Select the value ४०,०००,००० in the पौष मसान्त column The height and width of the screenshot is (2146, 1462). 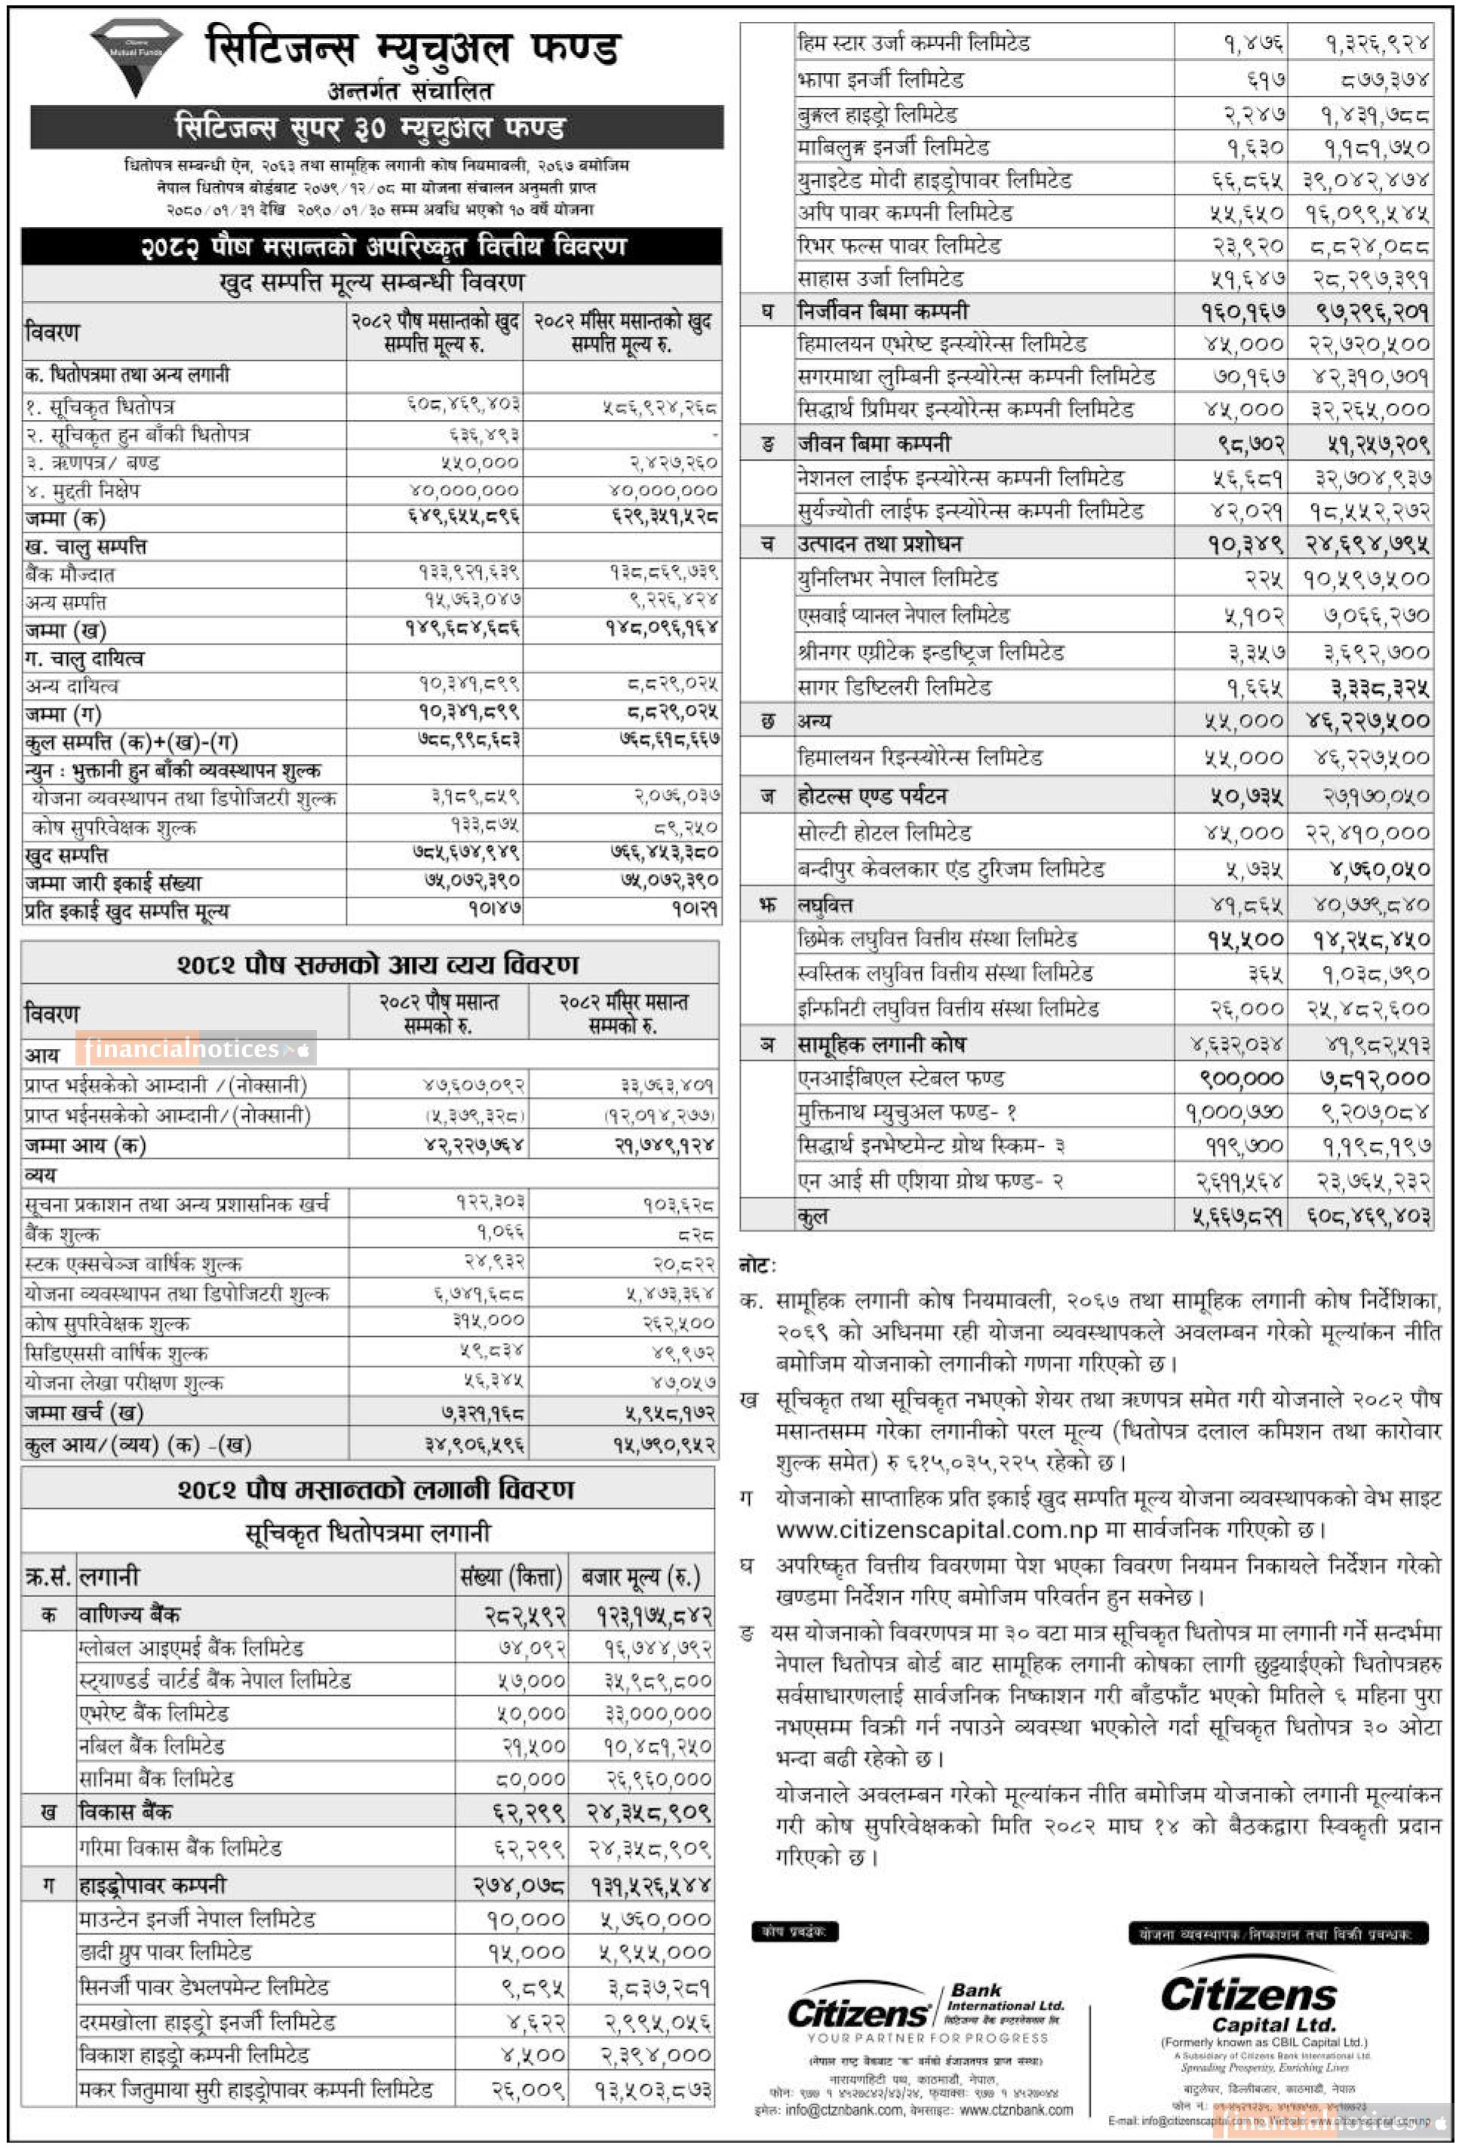tap(465, 490)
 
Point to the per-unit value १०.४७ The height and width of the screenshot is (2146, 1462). tap(494, 910)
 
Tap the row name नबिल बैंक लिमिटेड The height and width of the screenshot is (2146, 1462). tap(152, 1746)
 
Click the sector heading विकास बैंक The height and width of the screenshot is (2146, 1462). tap(125, 1812)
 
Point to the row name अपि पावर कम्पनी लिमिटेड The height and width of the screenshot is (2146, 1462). tap(905, 213)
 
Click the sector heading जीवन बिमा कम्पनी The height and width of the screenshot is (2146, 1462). tap(874, 443)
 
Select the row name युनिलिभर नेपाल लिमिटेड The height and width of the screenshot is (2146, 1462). tap(898, 579)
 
